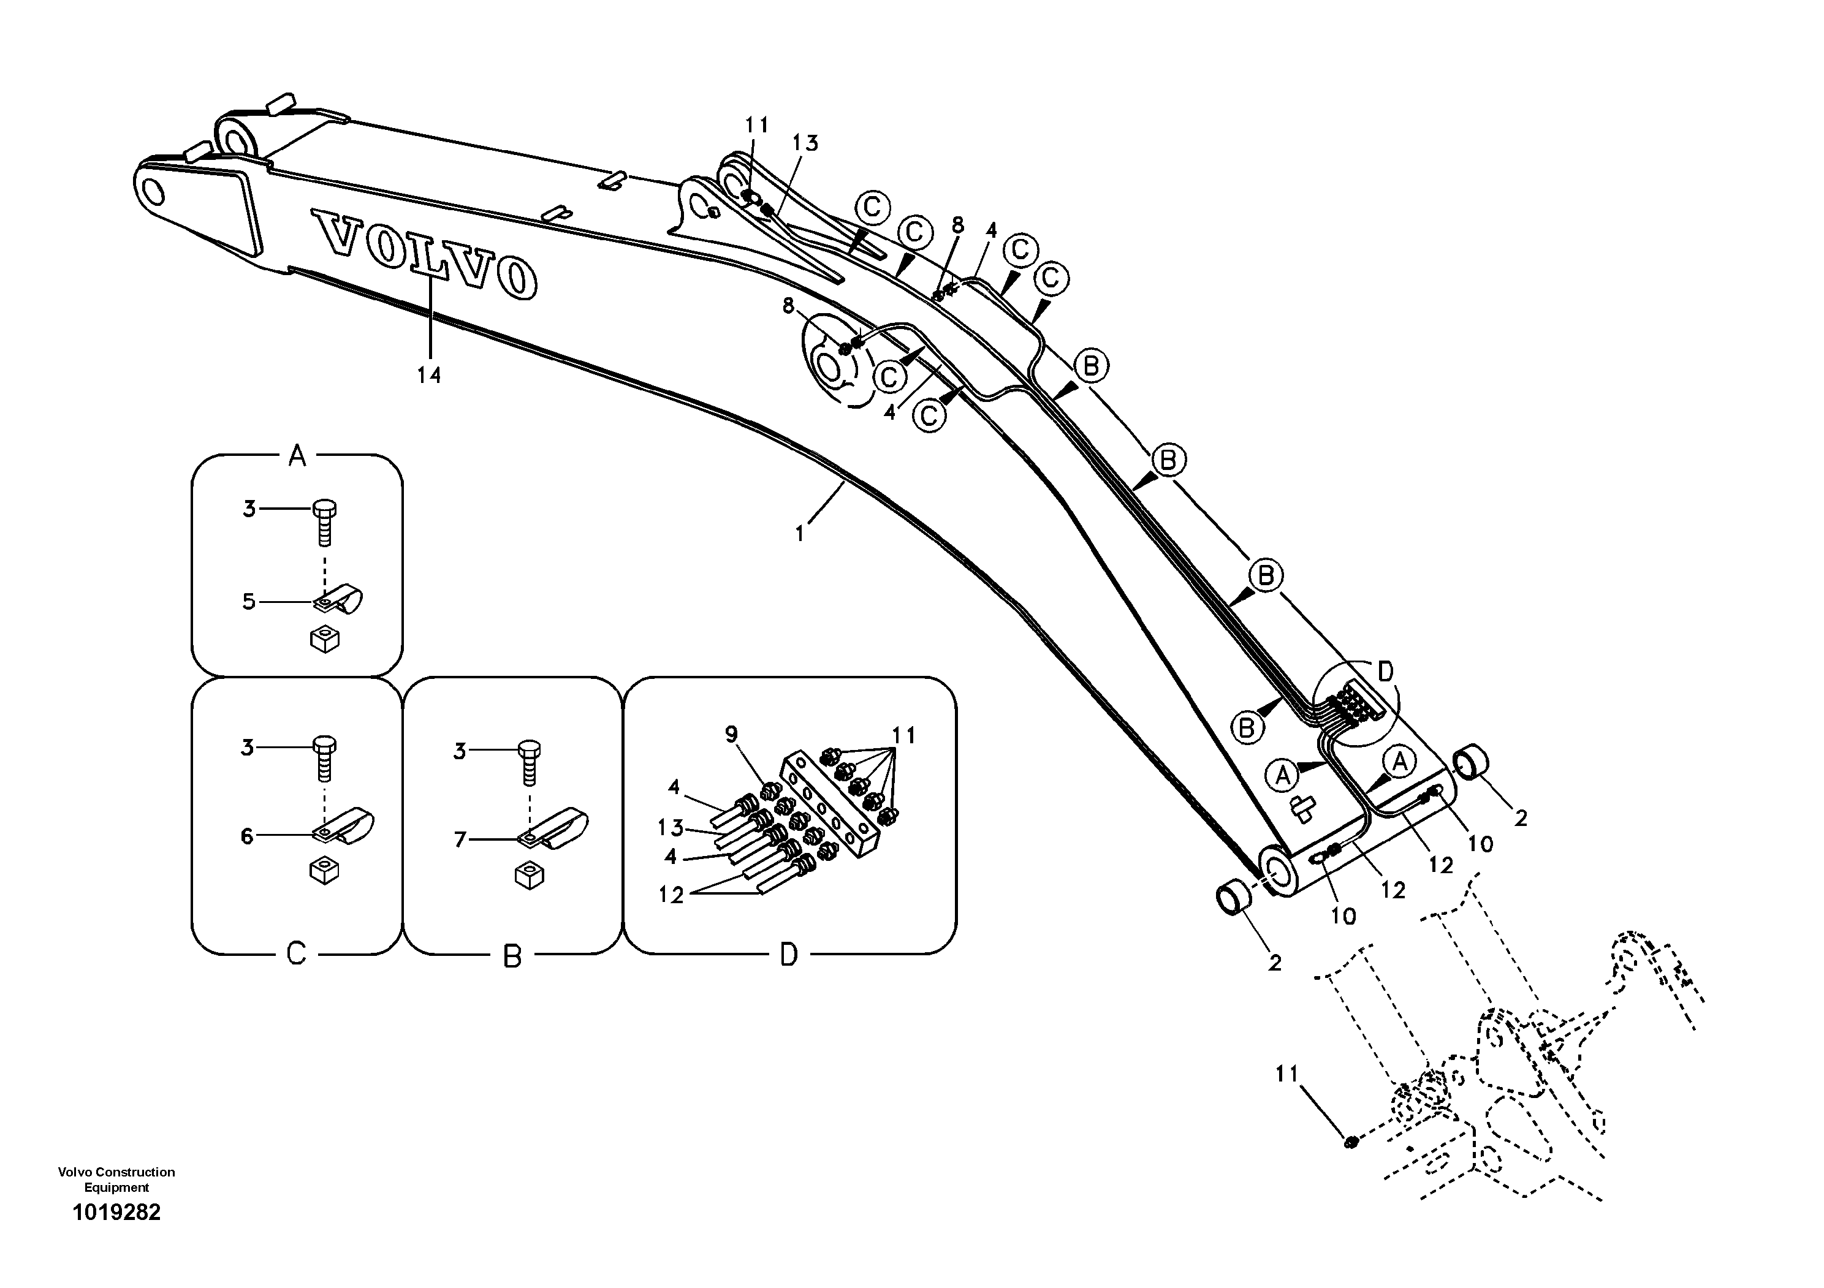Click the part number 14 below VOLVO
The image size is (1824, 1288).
(429, 375)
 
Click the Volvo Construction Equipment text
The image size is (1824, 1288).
(117, 1179)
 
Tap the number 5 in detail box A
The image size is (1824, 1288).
(249, 602)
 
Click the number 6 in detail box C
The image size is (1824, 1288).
(247, 836)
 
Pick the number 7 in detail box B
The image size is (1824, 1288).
(460, 839)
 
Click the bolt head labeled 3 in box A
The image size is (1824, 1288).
(325, 510)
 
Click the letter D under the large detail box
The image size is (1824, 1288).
(788, 955)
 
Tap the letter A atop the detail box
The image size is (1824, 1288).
(296, 456)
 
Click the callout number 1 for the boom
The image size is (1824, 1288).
(800, 534)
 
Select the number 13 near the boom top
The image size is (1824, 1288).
(805, 144)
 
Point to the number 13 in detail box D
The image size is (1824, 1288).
(671, 828)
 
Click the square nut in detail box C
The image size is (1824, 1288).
(324, 870)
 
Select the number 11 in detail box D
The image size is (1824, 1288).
(903, 736)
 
